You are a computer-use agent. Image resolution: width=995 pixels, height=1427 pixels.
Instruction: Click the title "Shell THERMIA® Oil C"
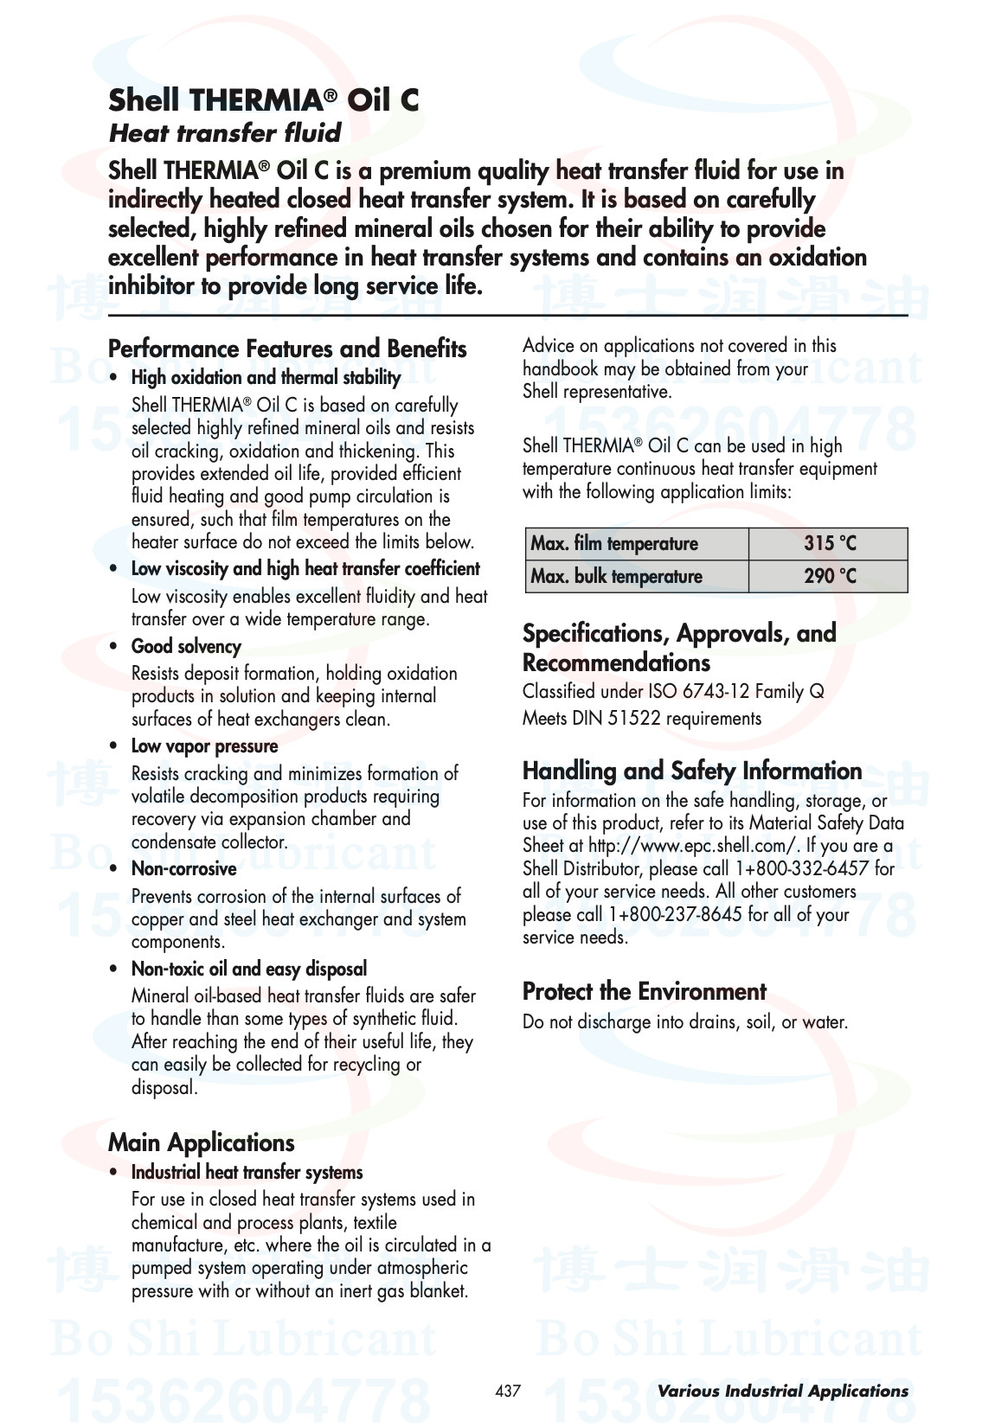(x=263, y=101)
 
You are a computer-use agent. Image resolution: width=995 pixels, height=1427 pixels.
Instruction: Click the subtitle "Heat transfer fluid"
(x=225, y=133)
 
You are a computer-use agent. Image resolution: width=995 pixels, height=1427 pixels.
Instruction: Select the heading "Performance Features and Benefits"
(x=287, y=349)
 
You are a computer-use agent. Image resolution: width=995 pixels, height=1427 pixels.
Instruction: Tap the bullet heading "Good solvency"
(x=186, y=647)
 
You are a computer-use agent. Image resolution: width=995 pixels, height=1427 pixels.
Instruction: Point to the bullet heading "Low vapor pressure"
(x=204, y=746)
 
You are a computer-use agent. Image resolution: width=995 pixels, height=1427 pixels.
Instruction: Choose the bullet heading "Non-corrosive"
(x=183, y=869)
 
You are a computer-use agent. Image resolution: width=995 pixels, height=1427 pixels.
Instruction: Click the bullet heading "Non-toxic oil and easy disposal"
(x=249, y=969)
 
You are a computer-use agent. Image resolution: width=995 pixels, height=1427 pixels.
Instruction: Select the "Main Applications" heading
(x=202, y=1143)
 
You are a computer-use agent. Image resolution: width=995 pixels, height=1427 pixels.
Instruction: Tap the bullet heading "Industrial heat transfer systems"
(x=247, y=1173)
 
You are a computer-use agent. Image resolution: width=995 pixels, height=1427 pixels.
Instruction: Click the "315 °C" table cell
(x=829, y=544)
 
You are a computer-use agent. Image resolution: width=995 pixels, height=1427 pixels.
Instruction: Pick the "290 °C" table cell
(x=829, y=577)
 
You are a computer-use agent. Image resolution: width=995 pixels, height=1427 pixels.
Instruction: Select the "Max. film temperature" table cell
(x=614, y=544)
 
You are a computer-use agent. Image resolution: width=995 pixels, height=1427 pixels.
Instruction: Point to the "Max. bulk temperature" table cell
(x=616, y=577)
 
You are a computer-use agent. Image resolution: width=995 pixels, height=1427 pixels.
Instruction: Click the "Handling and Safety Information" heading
(x=691, y=771)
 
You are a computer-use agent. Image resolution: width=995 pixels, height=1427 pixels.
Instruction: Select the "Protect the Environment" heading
(x=644, y=992)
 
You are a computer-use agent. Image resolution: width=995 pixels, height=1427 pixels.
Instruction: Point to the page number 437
(x=508, y=1391)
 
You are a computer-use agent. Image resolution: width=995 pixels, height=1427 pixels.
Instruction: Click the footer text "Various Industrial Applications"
(x=782, y=1392)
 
